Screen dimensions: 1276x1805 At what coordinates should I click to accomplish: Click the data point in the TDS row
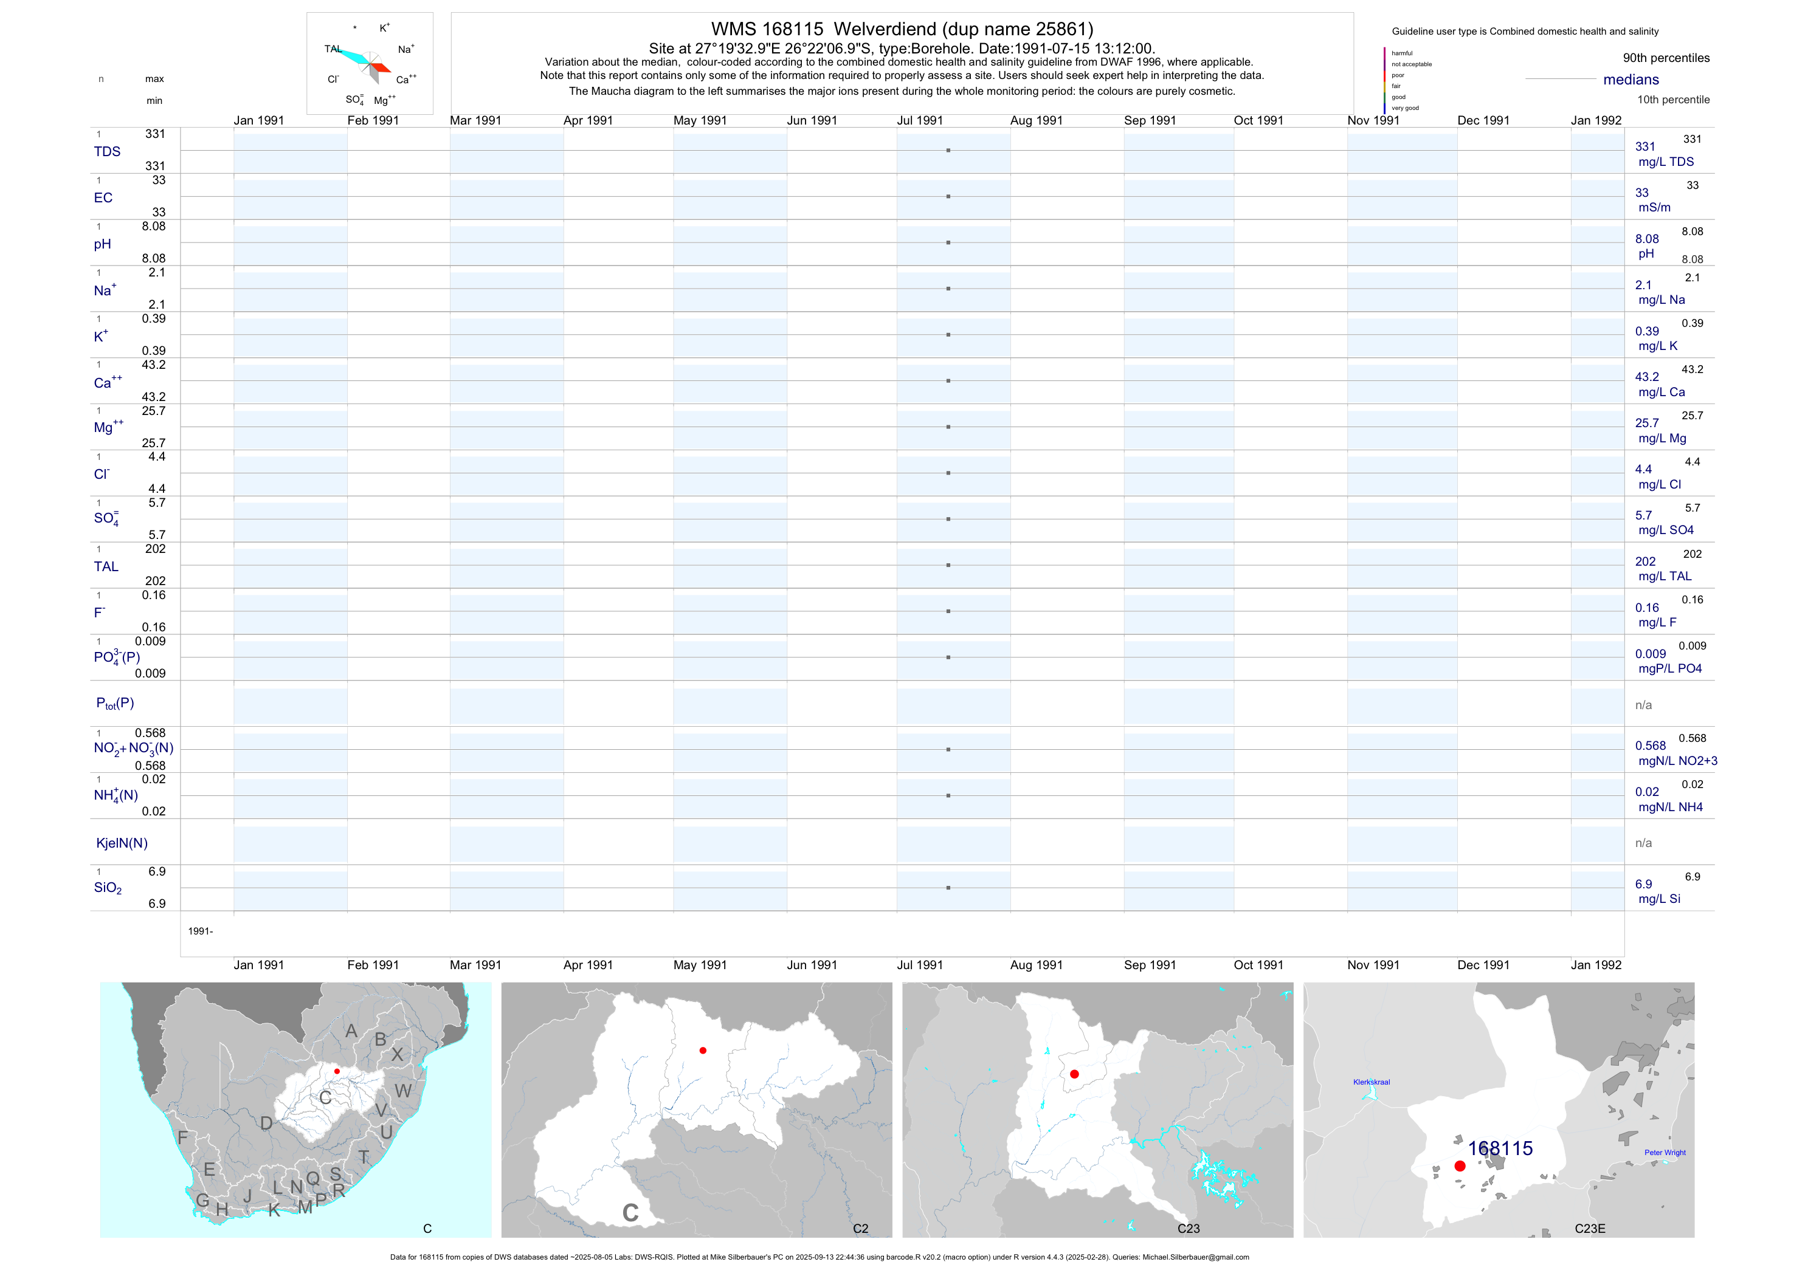click(x=948, y=150)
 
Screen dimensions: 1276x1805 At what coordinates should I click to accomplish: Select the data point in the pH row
click(x=948, y=243)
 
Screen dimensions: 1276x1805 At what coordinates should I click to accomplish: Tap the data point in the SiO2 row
click(x=948, y=888)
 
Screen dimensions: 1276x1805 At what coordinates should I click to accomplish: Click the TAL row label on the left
click(x=106, y=566)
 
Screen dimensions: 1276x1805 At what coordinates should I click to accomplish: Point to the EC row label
click(x=103, y=198)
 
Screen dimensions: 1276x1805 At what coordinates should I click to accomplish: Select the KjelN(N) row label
click(x=122, y=843)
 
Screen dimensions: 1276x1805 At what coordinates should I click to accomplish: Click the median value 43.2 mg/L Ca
click(x=1647, y=377)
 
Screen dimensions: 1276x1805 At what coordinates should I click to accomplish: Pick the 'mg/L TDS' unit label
click(x=1666, y=162)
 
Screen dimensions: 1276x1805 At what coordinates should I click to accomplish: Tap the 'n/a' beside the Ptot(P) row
click(x=1643, y=705)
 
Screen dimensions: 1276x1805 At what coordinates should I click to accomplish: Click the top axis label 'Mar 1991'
click(x=475, y=120)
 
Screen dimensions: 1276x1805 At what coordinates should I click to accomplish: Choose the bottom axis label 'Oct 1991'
click(x=1258, y=965)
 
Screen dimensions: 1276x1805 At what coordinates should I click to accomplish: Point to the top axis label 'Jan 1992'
click(x=1596, y=120)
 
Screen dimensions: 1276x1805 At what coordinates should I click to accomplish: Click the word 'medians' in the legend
click(x=1631, y=80)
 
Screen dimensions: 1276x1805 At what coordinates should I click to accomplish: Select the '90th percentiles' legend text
click(x=1666, y=58)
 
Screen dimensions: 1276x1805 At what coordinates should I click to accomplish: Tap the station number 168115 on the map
click(x=1500, y=1149)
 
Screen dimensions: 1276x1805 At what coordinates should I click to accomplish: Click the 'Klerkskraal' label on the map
click(x=1371, y=1082)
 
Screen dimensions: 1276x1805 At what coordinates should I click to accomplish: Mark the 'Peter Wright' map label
click(x=1665, y=1153)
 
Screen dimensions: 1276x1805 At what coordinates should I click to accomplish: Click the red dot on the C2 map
click(x=703, y=1051)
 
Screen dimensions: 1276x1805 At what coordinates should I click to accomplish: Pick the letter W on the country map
click(x=402, y=1091)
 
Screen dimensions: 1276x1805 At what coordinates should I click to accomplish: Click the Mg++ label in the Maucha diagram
click(x=384, y=101)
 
